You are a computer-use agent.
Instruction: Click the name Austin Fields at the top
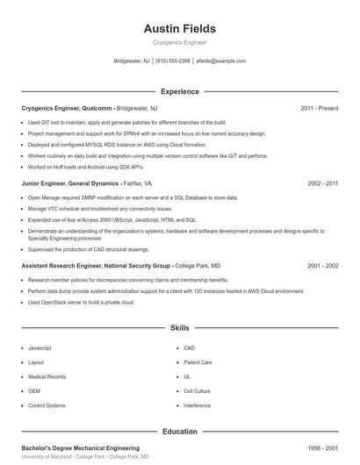[x=179, y=29]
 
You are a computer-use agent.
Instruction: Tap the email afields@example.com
[x=221, y=61]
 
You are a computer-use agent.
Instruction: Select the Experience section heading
[x=179, y=91]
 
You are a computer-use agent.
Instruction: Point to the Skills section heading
[x=179, y=327]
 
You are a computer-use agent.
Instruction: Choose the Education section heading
[x=179, y=432]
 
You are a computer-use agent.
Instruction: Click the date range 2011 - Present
[x=319, y=108]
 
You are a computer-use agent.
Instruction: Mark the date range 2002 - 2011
[x=322, y=184]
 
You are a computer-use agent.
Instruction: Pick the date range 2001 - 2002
[x=322, y=265]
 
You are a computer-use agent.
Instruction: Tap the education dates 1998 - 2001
[x=322, y=447]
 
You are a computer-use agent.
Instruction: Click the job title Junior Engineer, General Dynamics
[x=69, y=184]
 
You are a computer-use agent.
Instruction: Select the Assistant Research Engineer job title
[x=96, y=265]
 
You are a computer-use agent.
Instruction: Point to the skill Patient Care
[x=198, y=361]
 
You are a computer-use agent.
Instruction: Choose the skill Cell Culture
[x=198, y=391]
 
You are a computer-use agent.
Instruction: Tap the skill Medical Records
[x=47, y=376]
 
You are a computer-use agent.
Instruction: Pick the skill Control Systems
[x=47, y=406]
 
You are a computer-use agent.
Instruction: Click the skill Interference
[x=198, y=406]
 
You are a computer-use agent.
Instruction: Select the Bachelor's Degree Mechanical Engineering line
[x=80, y=447]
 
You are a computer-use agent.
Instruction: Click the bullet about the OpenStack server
[x=81, y=302]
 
